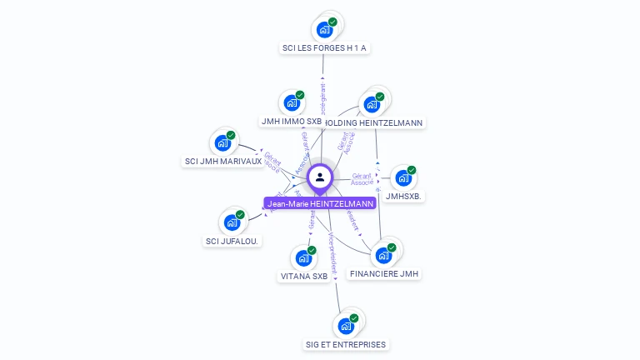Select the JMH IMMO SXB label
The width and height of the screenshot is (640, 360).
click(291, 122)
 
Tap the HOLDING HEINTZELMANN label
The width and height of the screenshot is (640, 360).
click(375, 123)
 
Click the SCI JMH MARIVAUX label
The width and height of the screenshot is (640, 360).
click(222, 161)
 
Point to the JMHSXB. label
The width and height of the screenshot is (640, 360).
click(405, 197)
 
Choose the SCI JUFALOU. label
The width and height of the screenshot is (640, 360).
click(232, 241)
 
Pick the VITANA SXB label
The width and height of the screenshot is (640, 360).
click(303, 276)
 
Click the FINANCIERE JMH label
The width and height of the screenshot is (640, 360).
click(385, 273)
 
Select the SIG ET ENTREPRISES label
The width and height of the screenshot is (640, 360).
click(347, 344)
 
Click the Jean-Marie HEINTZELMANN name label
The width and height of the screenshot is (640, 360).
click(321, 203)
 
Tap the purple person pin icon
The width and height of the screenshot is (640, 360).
click(320, 177)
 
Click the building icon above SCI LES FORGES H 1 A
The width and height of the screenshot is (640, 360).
click(325, 29)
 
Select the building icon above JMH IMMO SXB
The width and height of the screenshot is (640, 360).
click(291, 103)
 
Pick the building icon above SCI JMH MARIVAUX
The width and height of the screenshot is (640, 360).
click(222, 142)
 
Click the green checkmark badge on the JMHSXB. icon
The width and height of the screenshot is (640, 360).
click(412, 170)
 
